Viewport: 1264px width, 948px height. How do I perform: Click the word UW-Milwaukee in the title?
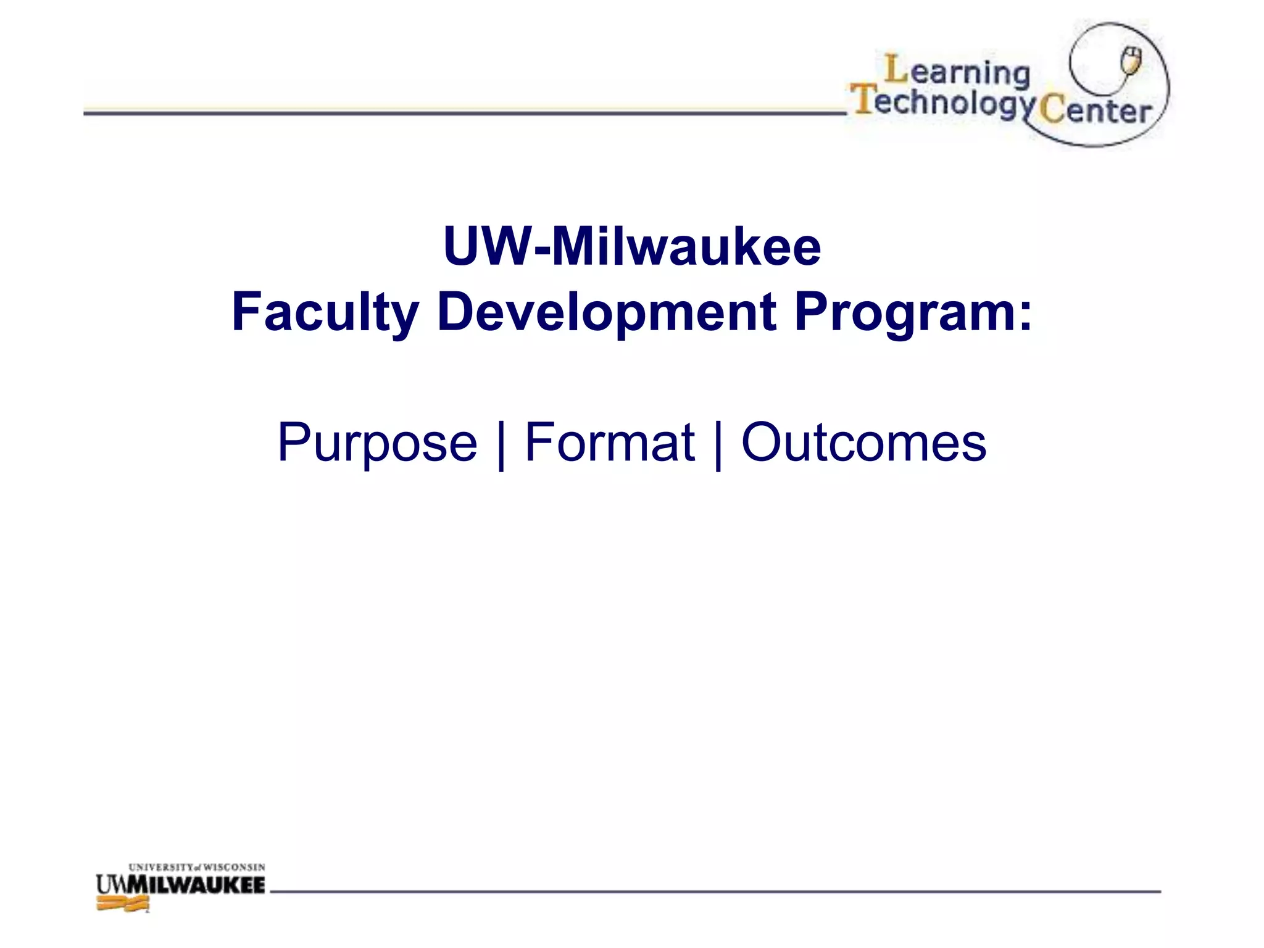(x=632, y=247)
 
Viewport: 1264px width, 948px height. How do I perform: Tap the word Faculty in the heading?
(x=325, y=312)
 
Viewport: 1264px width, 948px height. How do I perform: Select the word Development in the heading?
(x=607, y=312)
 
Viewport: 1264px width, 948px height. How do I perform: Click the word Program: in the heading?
(x=912, y=312)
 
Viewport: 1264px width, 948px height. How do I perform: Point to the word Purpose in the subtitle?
(x=377, y=443)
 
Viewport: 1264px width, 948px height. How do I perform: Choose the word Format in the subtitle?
(x=609, y=443)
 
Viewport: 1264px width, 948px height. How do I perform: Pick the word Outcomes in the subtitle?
(x=863, y=443)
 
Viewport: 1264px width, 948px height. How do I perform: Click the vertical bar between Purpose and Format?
(x=501, y=444)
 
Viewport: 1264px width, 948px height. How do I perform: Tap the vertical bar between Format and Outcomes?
(x=717, y=444)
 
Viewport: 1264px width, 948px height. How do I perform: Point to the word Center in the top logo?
(x=1096, y=111)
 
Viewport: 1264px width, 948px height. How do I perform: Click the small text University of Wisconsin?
(x=197, y=867)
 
